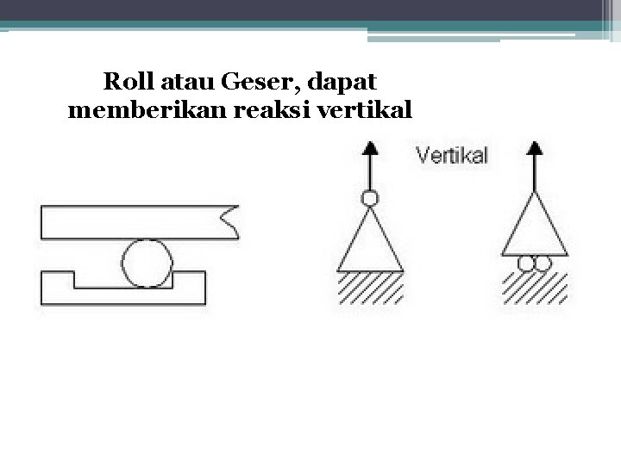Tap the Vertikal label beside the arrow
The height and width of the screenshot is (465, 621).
pos(452,156)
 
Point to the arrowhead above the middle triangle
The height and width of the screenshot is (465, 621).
pos(370,147)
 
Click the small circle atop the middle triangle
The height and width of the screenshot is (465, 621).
pos(370,199)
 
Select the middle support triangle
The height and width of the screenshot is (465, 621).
pos(371,245)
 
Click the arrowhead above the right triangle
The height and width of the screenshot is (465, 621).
pos(535,147)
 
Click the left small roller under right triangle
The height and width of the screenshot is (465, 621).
pos(526,263)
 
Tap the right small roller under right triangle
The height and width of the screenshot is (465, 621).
pos(542,263)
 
